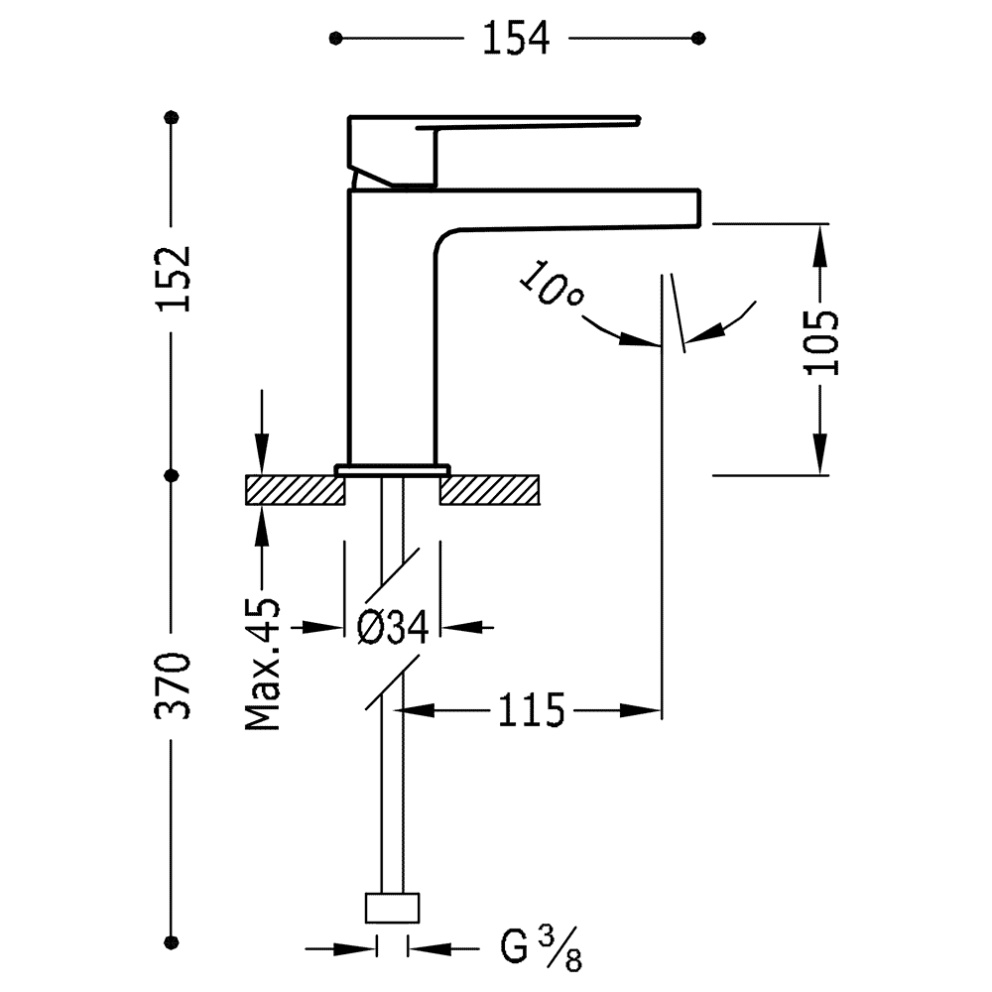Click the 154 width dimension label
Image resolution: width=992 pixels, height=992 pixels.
click(516, 39)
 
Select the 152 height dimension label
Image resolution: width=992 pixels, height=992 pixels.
click(173, 279)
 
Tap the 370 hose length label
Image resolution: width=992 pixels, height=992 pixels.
click(173, 685)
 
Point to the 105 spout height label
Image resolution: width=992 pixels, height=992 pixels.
click(821, 342)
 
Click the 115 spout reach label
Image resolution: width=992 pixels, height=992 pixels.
click(531, 710)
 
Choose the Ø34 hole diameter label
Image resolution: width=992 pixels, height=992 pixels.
click(393, 628)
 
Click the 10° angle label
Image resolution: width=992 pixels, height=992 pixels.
click(551, 284)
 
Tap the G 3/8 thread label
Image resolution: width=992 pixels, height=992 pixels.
click(541, 948)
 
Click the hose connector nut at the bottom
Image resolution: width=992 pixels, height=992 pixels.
click(392, 908)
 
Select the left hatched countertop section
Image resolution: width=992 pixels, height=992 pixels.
click(296, 490)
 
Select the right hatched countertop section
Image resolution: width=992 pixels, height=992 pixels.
click(490, 490)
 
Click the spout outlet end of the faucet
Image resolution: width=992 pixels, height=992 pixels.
click(699, 207)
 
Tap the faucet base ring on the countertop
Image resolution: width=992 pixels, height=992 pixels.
click(393, 469)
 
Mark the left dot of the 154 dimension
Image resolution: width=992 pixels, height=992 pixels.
click(335, 39)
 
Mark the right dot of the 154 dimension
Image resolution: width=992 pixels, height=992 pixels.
click(698, 39)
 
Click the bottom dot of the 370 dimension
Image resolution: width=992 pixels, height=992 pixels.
click(171, 940)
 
